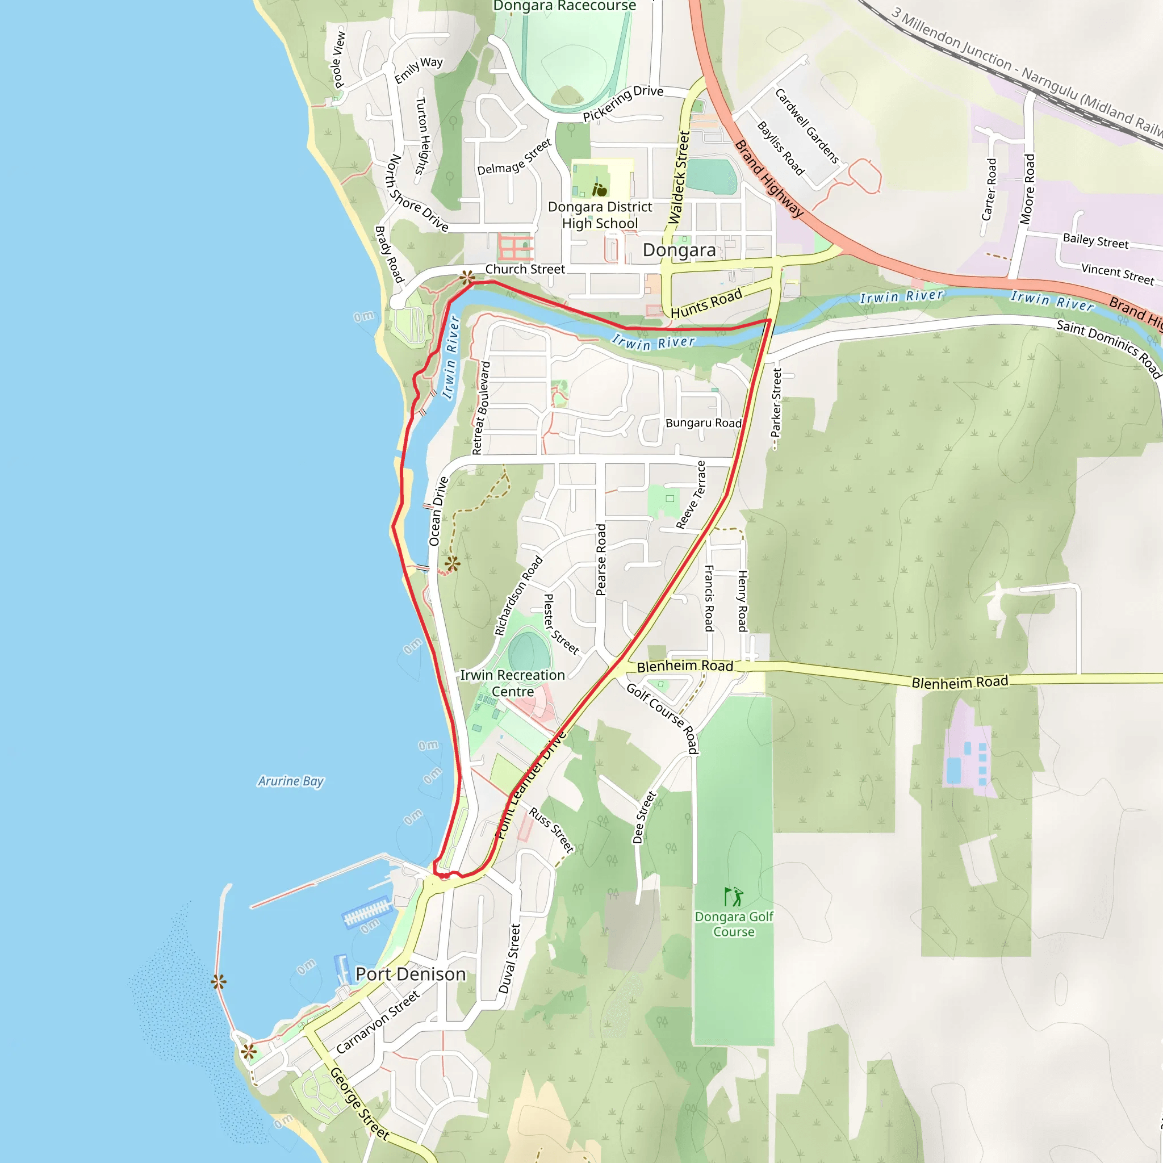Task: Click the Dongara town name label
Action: tap(679, 250)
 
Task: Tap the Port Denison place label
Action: tap(411, 974)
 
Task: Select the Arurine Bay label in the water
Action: tap(291, 781)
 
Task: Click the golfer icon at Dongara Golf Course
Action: tap(734, 896)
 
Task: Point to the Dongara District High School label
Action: tap(600, 215)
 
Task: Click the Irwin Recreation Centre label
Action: tap(512, 683)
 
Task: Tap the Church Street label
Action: tap(525, 269)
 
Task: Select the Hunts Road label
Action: tap(706, 303)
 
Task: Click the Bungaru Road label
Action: tap(703, 423)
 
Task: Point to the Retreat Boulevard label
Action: tap(481, 408)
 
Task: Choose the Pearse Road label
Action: tap(601, 560)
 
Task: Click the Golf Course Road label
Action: tap(663, 718)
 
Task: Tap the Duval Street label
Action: tap(509, 959)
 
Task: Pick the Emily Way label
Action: tap(419, 70)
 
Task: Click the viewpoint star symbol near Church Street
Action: tap(467, 278)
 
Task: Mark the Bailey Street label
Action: tap(1095, 241)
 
